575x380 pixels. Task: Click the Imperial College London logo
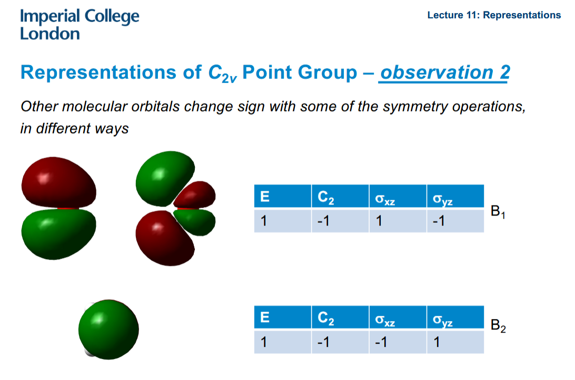pos(80,25)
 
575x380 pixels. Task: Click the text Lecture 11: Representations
pos(494,15)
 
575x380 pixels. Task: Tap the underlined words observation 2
pos(444,73)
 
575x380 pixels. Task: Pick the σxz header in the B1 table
pos(385,198)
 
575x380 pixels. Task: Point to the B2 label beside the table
pos(498,326)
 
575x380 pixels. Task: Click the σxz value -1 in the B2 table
pos(382,343)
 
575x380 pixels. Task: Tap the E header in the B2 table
pos(264,318)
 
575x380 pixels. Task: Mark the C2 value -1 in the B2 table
pos(324,343)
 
